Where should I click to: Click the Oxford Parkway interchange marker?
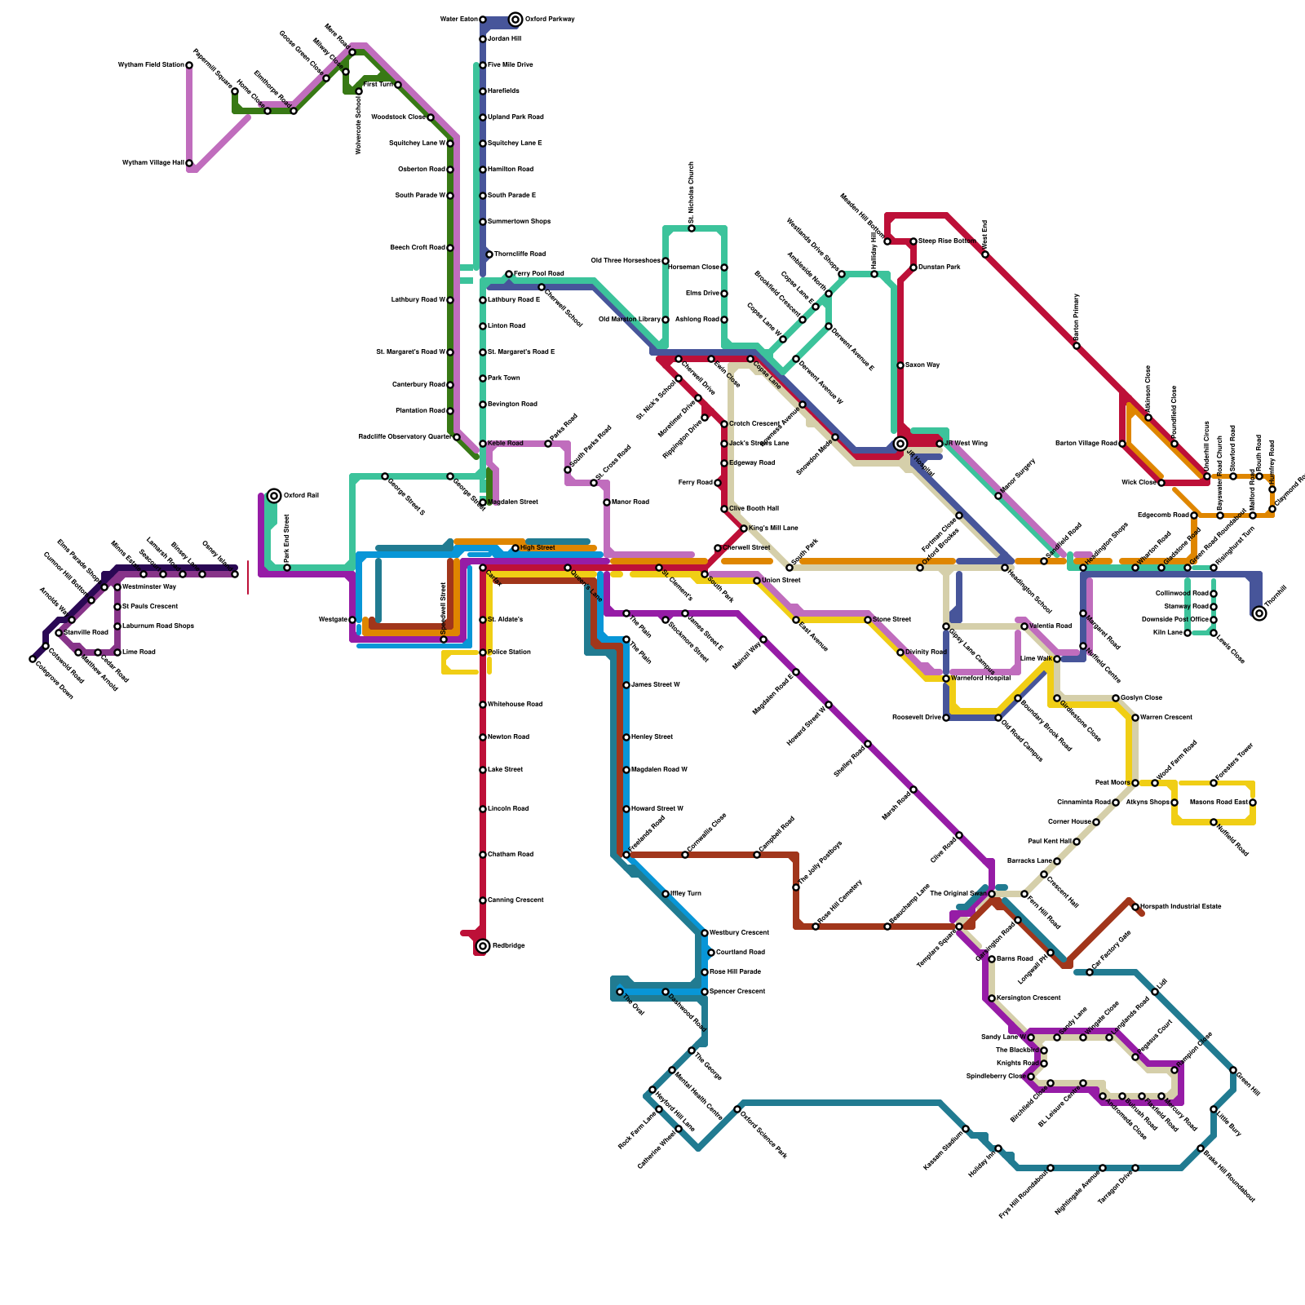point(515,20)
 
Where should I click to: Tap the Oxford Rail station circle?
point(275,496)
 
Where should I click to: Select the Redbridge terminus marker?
point(483,946)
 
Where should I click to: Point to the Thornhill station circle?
point(1259,613)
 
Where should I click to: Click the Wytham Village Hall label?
point(153,163)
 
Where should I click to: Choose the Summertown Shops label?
point(519,222)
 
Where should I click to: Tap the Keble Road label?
point(506,444)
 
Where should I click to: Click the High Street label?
point(537,548)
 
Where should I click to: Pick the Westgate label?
point(333,620)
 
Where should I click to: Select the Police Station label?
point(509,652)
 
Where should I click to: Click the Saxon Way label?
point(922,365)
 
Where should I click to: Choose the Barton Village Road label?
point(1086,444)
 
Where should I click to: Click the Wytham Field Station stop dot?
point(189,65)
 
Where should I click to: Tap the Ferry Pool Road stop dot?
point(509,274)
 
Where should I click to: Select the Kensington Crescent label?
point(1029,998)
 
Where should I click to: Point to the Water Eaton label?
point(458,20)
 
